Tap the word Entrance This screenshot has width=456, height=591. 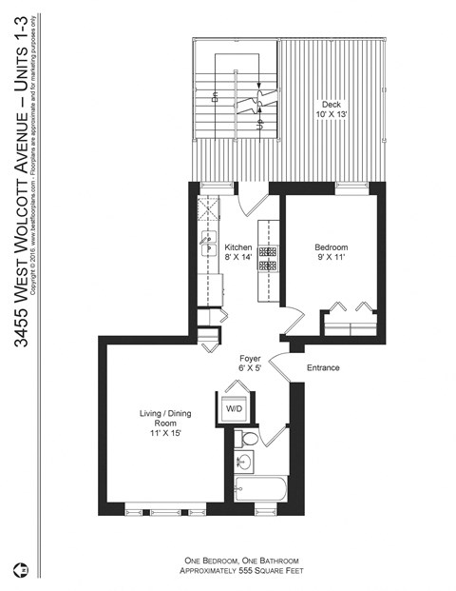323,368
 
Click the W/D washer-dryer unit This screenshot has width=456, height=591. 233,407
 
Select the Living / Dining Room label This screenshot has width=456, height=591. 158,424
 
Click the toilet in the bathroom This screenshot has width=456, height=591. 248,439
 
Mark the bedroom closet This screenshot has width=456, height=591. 349,318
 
